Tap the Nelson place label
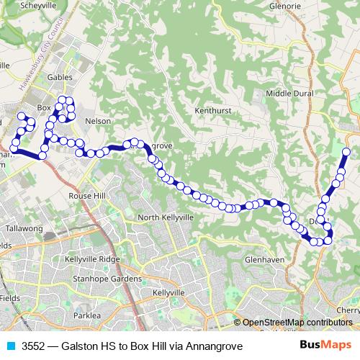click(x=97, y=121)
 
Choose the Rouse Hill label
click(x=86, y=196)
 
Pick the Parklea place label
click(x=86, y=315)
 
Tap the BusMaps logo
click(x=325, y=346)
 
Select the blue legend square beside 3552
click(x=11, y=346)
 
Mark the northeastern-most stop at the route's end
click(x=346, y=151)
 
